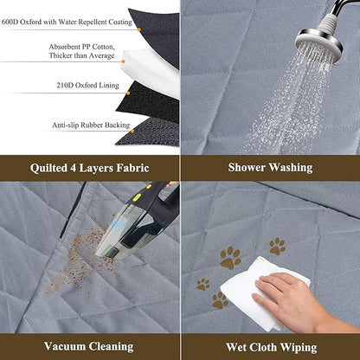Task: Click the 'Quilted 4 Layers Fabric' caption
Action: pos(89,167)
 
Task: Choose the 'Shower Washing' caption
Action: pos(271,167)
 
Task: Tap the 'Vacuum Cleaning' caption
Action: pos(89,346)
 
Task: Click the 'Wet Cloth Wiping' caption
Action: pos(271,346)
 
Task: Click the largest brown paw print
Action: pos(230,257)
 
